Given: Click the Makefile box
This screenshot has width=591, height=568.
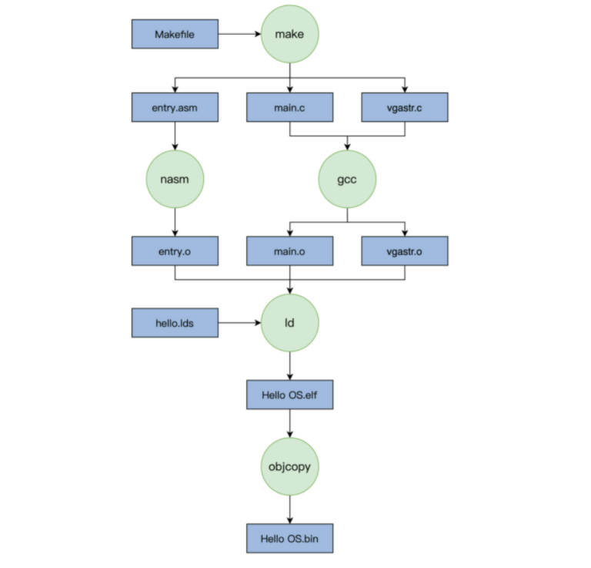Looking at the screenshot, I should (x=175, y=34).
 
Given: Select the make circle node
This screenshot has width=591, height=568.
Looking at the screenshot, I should (x=289, y=34).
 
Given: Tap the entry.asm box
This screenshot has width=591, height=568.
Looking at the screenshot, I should (x=175, y=107).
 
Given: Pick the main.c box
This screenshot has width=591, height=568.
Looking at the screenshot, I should (x=289, y=107).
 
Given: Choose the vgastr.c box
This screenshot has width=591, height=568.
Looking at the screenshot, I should (x=405, y=107).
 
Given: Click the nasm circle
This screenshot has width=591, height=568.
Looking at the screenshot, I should (x=175, y=179).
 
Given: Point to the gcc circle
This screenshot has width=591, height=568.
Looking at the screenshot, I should (x=347, y=179).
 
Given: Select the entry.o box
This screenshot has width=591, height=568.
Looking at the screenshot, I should (x=175, y=250).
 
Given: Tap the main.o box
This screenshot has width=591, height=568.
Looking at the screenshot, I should (x=289, y=250).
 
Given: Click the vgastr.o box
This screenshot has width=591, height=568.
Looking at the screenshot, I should (x=405, y=250).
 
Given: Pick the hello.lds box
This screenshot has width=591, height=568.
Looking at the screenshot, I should (x=175, y=323).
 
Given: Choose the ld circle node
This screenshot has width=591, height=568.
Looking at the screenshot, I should (x=289, y=323).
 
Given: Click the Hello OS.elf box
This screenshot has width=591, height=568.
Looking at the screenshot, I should (x=289, y=394).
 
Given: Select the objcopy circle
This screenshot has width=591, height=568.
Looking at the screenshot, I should (x=289, y=466).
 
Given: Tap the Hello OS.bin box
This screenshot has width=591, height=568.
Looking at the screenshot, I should (x=289, y=538).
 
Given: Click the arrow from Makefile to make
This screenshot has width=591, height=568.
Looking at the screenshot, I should (x=239, y=34).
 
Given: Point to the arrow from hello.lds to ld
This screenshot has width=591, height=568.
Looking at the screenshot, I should (x=239, y=323).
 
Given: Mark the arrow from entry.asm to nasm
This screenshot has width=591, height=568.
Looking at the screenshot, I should (x=175, y=136).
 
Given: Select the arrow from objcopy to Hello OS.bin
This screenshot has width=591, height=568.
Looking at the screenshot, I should (x=289, y=509).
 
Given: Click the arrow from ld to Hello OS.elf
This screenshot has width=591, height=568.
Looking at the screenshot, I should (x=289, y=365).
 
